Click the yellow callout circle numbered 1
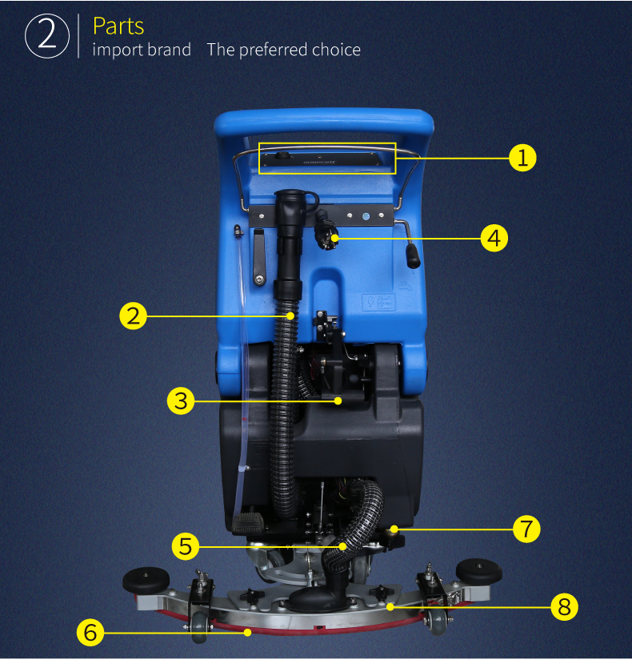(x=522, y=158)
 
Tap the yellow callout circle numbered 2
(x=134, y=316)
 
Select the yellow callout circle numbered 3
(x=181, y=400)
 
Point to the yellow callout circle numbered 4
(x=494, y=238)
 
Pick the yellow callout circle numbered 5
(x=186, y=546)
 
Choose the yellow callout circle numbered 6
(x=90, y=633)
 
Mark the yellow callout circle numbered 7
(x=526, y=529)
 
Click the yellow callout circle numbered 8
(x=564, y=607)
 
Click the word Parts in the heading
(x=118, y=26)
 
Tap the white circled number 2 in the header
(x=47, y=36)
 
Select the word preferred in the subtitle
(x=274, y=50)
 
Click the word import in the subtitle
(x=118, y=50)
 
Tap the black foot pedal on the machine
(x=248, y=522)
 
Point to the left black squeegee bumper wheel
(x=146, y=579)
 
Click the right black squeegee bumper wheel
(x=478, y=570)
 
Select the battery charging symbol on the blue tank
(x=378, y=302)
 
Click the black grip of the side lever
(x=414, y=256)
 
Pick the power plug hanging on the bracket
(x=326, y=231)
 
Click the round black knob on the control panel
(x=282, y=155)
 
